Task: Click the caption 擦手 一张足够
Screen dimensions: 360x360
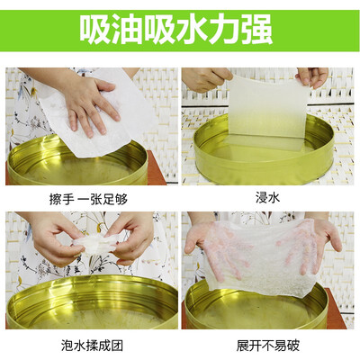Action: (x=88, y=199)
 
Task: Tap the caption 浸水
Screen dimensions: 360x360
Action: (x=267, y=198)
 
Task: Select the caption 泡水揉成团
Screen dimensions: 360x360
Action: (x=92, y=346)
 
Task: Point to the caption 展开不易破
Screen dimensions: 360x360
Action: (x=268, y=346)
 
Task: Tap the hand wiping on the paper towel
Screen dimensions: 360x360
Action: (x=90, y=105)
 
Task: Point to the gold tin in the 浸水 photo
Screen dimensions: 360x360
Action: (x=264, y=150)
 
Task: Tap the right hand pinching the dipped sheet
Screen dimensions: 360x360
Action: (x=312, y=76)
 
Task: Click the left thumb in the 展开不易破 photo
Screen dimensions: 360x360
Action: (x=192, y=241)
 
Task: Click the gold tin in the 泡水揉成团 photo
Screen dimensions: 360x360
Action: (x=92, y=303)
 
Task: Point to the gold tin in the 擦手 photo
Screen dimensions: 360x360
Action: (x=77, y=164)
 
